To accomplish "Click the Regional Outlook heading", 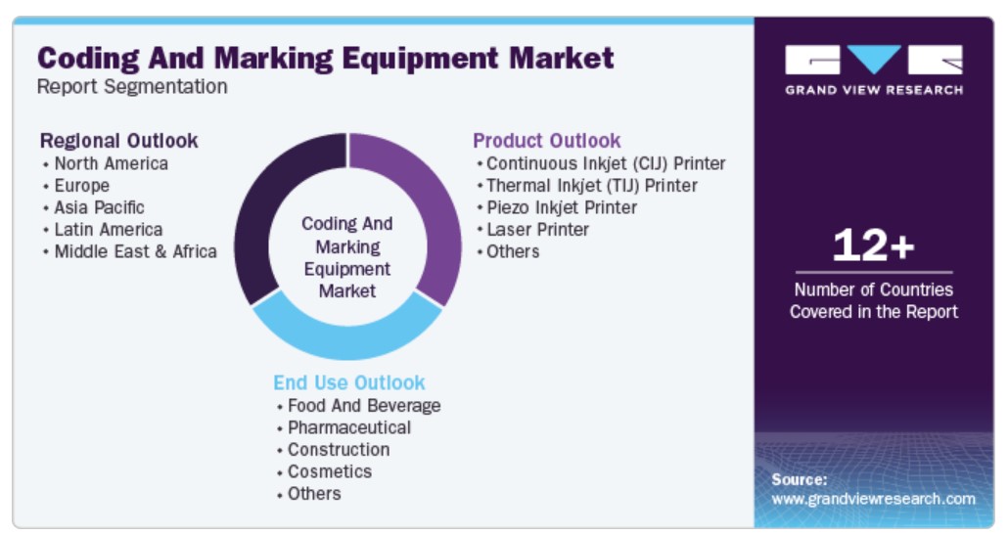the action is click(x=119, y=141).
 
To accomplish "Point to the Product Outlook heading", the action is click(x=546, y=141).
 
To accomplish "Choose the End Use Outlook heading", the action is click(x=349, y=382).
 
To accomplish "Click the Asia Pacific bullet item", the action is click(x=99, y=207).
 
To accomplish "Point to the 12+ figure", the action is click(x=873, y=245).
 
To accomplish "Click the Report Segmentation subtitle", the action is click(x=132, y=86).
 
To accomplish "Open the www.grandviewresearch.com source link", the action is click(x=873, y=499).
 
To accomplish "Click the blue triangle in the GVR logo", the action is click(x=874, y=59).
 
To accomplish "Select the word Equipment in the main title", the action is click(x=421, y=59).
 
